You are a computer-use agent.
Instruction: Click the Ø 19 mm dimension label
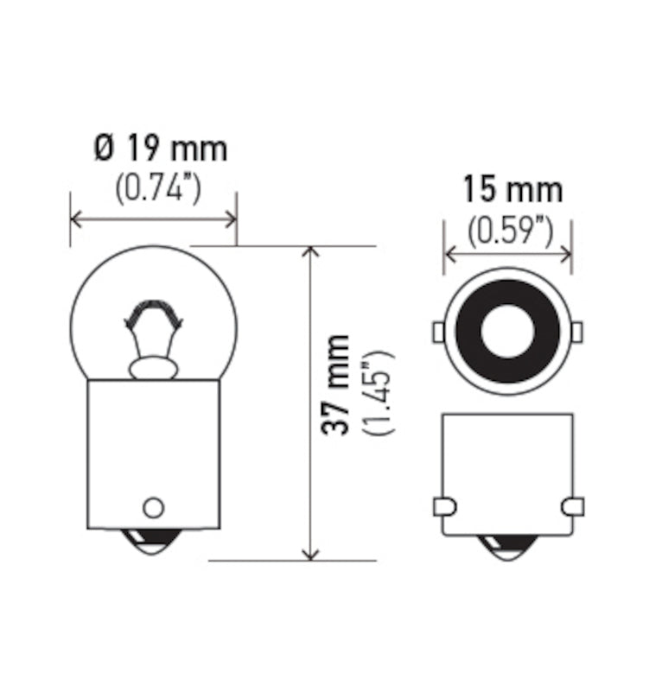(x=160, y=149)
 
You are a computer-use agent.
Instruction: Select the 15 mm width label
(x=512, y=189)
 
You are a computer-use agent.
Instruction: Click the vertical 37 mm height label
(x=339, y=384)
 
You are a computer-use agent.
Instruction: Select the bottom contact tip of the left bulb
(x=153, y=544)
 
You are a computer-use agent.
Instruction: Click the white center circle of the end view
(x=507, y=331)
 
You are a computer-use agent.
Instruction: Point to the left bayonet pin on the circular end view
(x=438, y=331)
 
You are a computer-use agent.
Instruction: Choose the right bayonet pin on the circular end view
(x=576, y=331)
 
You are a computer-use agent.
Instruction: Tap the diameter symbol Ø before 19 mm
(x=104, y=149)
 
